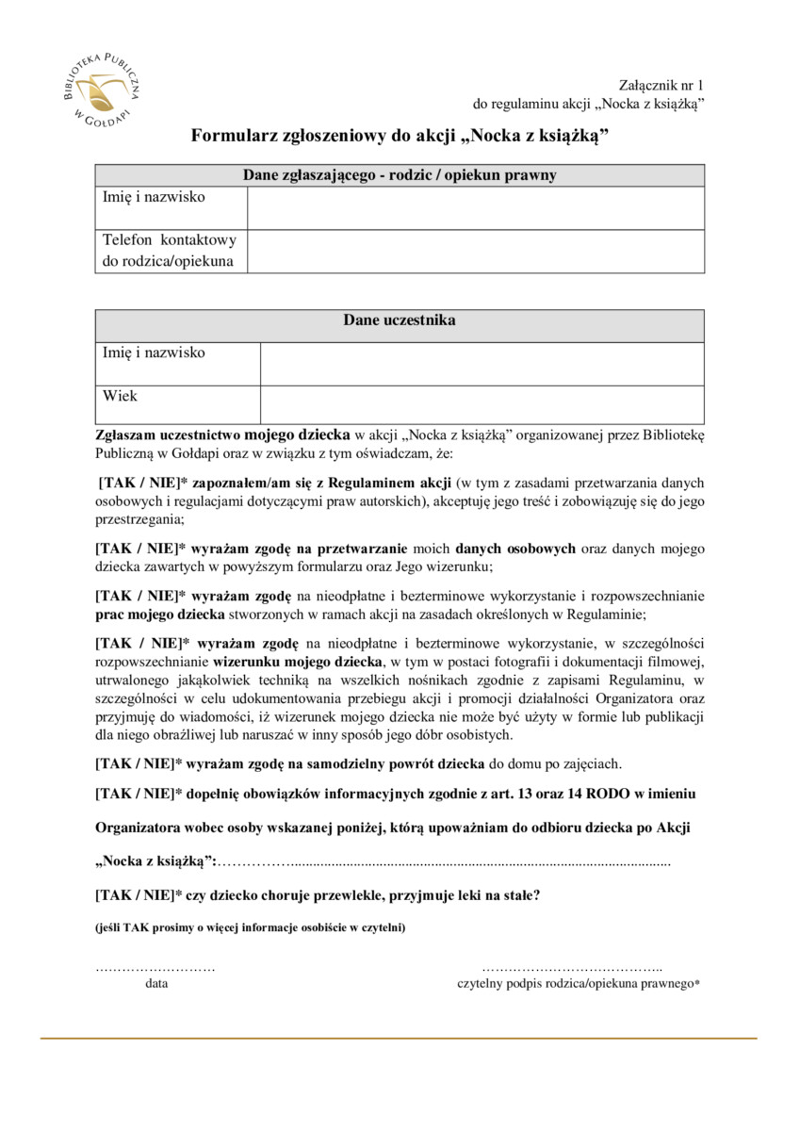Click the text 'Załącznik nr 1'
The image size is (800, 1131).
661,85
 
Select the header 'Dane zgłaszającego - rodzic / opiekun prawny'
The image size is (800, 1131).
400,175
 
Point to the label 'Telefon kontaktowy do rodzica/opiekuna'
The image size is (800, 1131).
170,251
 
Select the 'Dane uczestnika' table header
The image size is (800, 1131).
400,320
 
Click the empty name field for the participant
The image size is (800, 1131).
482,364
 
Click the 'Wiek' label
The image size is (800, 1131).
120,396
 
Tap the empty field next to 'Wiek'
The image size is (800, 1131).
482,404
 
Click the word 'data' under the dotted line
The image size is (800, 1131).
156,983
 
